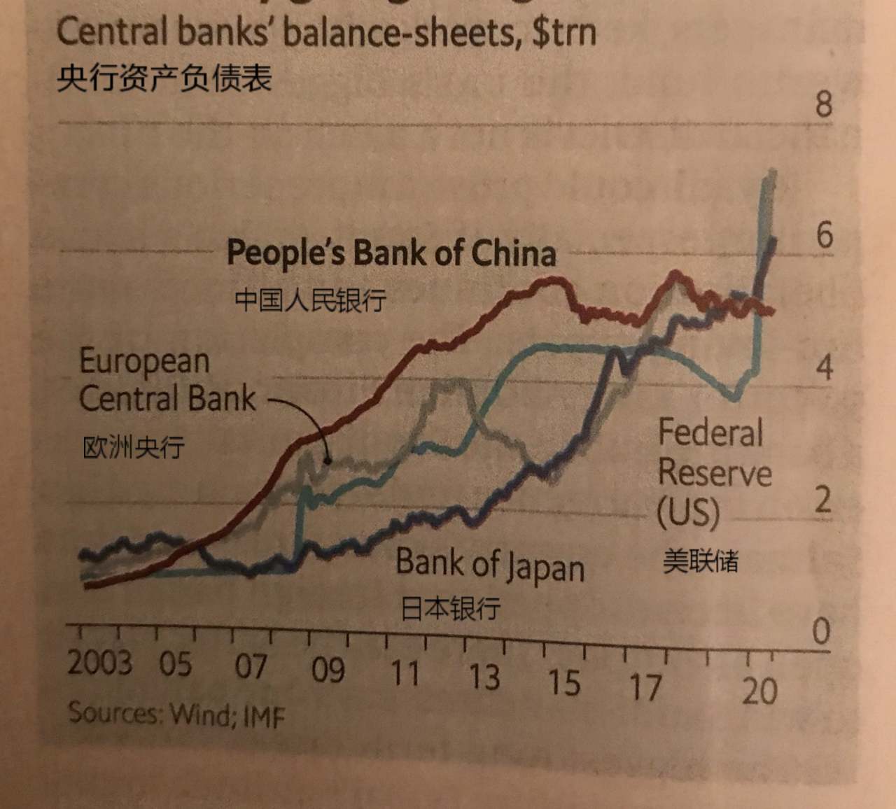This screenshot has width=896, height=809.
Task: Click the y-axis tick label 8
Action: (823, 104)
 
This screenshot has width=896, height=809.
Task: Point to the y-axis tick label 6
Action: (825, 235)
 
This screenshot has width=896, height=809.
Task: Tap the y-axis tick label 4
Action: (825, 367)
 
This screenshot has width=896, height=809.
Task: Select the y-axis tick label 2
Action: (823, 500)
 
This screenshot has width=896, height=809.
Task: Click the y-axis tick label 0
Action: (821, 631)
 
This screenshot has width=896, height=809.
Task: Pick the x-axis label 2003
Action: (99, 662)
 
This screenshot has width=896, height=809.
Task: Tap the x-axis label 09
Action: (328, 670)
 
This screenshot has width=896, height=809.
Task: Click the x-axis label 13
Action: (484, 676)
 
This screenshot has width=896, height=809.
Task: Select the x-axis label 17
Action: (645, 687)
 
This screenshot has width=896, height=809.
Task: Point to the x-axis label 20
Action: (759, 691)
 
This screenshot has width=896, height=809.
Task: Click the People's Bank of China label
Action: (391, 253)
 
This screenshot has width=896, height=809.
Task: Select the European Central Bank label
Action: (167, 380)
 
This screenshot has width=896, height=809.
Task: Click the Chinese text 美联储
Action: (700, 561)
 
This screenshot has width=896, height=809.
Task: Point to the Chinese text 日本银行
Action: (450, 607)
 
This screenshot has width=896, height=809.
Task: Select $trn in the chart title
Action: (563, 33)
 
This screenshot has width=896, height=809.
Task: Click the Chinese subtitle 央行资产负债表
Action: (164, 78)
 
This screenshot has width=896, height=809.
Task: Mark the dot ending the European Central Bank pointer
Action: (327, 460)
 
